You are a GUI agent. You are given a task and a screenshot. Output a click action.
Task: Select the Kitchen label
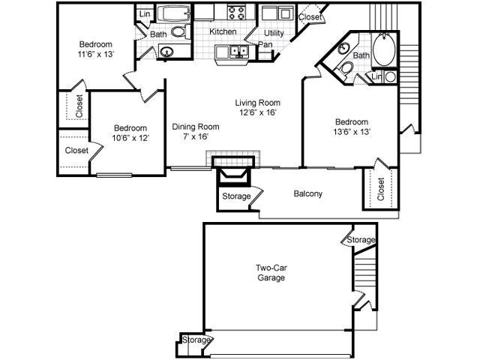[x=223, y=31]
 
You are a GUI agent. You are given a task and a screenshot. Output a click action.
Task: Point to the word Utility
[x=274, y=34]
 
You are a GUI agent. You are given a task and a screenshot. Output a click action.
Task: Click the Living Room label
[x=257, y=103]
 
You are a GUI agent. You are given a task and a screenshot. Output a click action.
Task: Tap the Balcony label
[x=307, y=193]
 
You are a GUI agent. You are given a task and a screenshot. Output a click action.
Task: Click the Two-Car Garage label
[x=269, y=271]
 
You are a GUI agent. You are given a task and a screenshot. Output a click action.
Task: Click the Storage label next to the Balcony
[x=236, y=196]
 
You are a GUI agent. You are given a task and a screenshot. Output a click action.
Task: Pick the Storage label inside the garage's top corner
[x=360, y=240]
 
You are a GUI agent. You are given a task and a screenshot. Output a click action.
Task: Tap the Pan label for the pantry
[x=265, y=44]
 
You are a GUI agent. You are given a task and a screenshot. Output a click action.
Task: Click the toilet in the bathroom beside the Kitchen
[x=178, y=32]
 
